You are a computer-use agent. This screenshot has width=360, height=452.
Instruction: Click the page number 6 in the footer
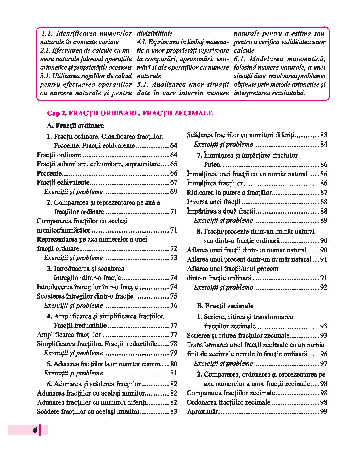tap(35, 430)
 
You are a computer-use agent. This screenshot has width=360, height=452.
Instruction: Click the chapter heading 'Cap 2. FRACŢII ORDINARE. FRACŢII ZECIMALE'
tap(130, 113)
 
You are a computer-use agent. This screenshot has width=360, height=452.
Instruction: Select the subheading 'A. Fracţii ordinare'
tap(75, 125)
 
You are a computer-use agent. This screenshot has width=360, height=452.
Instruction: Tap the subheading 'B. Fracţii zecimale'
tap(225, 306)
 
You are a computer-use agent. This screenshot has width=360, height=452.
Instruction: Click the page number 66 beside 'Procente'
tap(173, 173)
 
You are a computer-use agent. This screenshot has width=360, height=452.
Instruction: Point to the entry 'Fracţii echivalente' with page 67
tap(63, 183)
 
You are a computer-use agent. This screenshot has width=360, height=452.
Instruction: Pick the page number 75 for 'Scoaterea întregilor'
tap(173, 296)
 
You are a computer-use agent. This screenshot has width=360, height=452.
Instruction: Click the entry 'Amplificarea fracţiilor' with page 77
tap(69, 335)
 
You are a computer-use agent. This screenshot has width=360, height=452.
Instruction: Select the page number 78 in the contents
tap(173, 344)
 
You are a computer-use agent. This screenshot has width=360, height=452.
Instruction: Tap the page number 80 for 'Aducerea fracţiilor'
tap(174, 364)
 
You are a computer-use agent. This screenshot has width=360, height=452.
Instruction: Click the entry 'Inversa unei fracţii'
tap(213, 202)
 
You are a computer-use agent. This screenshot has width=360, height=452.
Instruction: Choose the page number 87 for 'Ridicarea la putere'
tap(323, 193)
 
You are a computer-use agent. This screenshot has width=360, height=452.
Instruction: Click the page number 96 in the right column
tap(323, 354)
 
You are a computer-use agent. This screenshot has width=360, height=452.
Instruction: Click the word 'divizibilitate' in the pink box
tap(155, 33)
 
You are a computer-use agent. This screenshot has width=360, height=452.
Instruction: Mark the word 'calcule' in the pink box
tap(244, 50)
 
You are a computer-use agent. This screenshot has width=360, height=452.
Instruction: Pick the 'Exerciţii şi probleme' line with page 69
tap(73, 192)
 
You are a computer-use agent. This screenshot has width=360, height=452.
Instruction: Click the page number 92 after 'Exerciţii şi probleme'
tap(323, 287)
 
